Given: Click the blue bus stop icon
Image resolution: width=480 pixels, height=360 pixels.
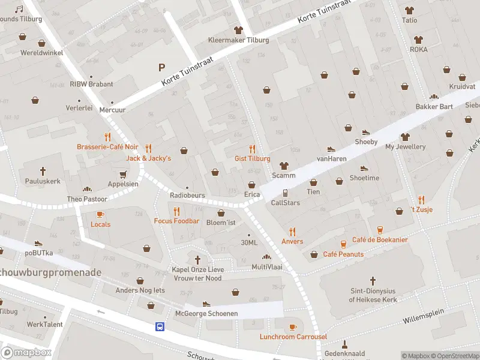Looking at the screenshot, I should tap(160, 326).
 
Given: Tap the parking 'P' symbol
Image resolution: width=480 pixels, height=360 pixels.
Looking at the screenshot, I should tap(160, 67).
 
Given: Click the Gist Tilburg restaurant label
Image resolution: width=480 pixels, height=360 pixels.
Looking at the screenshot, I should tap(252, 158).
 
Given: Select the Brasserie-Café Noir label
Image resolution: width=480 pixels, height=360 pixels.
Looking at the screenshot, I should tap(107, 147).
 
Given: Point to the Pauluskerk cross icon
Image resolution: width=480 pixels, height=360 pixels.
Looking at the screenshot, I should tap(43, 170).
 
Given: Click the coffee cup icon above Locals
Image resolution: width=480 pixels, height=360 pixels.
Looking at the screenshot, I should tap(100, 214).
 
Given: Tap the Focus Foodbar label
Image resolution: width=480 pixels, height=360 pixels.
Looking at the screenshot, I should tap(176, 221).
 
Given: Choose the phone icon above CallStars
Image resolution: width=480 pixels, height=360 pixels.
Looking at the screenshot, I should tap(286, 193).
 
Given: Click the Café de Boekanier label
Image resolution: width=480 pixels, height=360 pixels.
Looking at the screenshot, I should tap(380, 240).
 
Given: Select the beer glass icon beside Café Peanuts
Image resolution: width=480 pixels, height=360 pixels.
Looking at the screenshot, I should tap(343, 244).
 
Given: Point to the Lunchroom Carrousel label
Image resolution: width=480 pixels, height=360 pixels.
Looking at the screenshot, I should tap(293, 337).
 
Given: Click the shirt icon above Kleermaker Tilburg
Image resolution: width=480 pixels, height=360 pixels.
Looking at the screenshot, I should tap(238, 30).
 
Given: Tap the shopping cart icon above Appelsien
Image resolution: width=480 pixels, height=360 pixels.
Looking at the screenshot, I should tap(123, 174).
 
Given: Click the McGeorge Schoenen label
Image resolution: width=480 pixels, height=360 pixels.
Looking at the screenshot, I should tap(206, 313).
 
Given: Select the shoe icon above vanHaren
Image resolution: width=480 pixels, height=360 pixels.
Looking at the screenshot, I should tap(330, 149).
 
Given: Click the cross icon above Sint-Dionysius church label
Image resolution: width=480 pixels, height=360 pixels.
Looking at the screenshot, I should tap(372, 280).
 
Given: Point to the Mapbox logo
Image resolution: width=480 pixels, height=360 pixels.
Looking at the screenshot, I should tap(26, 353).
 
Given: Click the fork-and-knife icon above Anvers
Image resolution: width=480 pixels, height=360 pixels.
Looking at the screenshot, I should tap(292, 232).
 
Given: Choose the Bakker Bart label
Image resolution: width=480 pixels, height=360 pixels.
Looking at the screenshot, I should tap(434, 107).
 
